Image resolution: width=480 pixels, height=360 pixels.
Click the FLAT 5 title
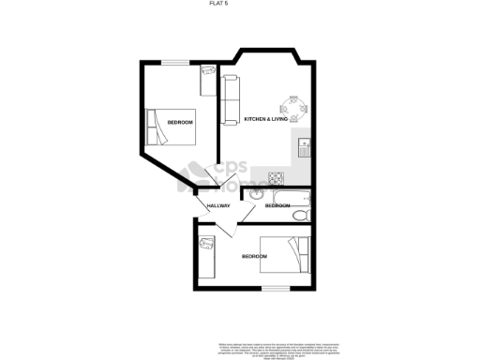coord(240,5)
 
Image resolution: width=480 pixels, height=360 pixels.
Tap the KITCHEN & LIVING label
coord(266,120)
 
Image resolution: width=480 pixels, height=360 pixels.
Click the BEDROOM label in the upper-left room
coord(180,123)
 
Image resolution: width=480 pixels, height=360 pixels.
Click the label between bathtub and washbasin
coord(277,205)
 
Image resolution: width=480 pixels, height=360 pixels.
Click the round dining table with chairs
coord(292,109)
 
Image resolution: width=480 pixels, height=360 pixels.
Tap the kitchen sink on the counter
coord(305,147)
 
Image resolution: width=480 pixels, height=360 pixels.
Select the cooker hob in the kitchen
coord(277,177)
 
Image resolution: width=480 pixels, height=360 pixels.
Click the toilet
coord(298,215)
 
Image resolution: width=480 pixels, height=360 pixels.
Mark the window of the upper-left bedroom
coord(173,62)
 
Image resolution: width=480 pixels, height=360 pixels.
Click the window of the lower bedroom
coord(275,288)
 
